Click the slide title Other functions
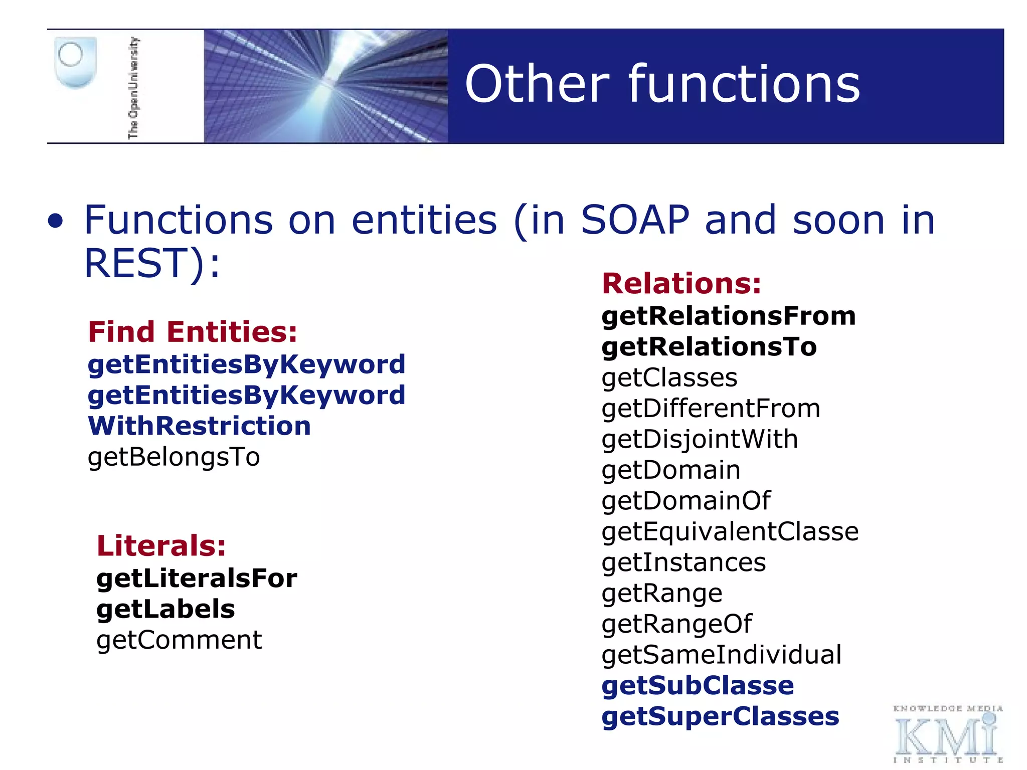tap(662, 84)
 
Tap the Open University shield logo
tap(75, 63)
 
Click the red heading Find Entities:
tap(193, 332)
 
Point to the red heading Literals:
tap(161, 545)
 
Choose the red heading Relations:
tap(681, 283)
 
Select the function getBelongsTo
tap(174, 457)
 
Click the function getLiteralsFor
tap(197, 578)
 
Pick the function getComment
tap(179, 640)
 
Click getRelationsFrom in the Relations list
tap(728, 316)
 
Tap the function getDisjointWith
tap(700, 439)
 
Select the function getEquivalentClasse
tap(730, 531)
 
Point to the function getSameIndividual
tap(721, 655)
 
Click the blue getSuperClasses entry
tap(720, 716)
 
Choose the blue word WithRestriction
tap(199, 426)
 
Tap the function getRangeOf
tap(676, 624)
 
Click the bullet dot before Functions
tap(56, 222)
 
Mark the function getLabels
tap(165, 609)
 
